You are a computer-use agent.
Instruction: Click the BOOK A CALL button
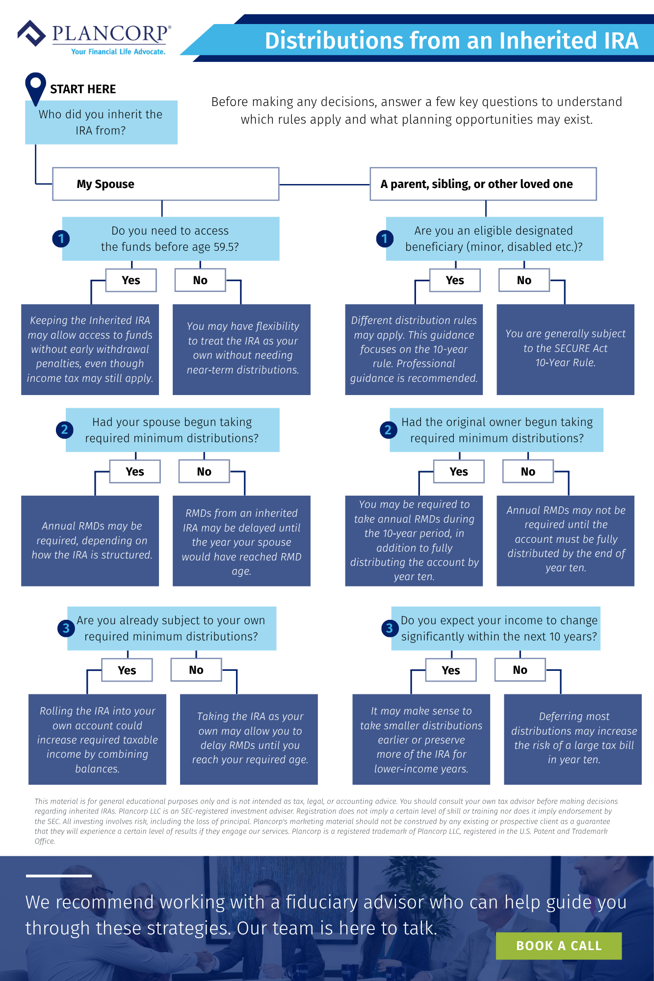[x=558, y=946]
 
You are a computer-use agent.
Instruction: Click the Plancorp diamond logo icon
[x=32, y=33]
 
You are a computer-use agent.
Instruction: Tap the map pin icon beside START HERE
[x=35, y=87]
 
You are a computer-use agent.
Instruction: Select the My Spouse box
[x=166, y=184]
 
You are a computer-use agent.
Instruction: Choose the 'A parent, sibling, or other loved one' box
[x=483, y=184]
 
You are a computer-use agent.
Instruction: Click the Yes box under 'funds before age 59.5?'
[x=131, y=280]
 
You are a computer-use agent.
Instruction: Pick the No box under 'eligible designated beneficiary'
[x=524, y=280]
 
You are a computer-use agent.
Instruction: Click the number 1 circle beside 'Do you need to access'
[x=61, y=239]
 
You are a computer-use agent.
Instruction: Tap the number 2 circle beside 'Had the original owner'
[x=388, y=430]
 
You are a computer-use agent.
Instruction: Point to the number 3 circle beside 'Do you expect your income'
[x=390, y=628]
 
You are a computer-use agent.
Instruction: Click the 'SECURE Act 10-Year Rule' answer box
[x=565, y=349]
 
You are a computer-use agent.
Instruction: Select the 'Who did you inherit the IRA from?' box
[x=101, y=122]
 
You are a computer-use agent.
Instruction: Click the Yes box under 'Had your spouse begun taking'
[x=135, y=472]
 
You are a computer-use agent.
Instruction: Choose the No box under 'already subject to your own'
[x=196, y=670]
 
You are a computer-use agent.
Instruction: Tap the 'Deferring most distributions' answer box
[x=573, y=739]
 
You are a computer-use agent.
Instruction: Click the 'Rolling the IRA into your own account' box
[x=97, y=739]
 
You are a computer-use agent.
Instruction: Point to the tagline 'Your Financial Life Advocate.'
[x=118, y=52]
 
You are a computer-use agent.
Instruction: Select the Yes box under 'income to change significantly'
[x=451, y=670]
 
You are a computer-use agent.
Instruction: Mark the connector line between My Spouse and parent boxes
[x=324, y=185]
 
